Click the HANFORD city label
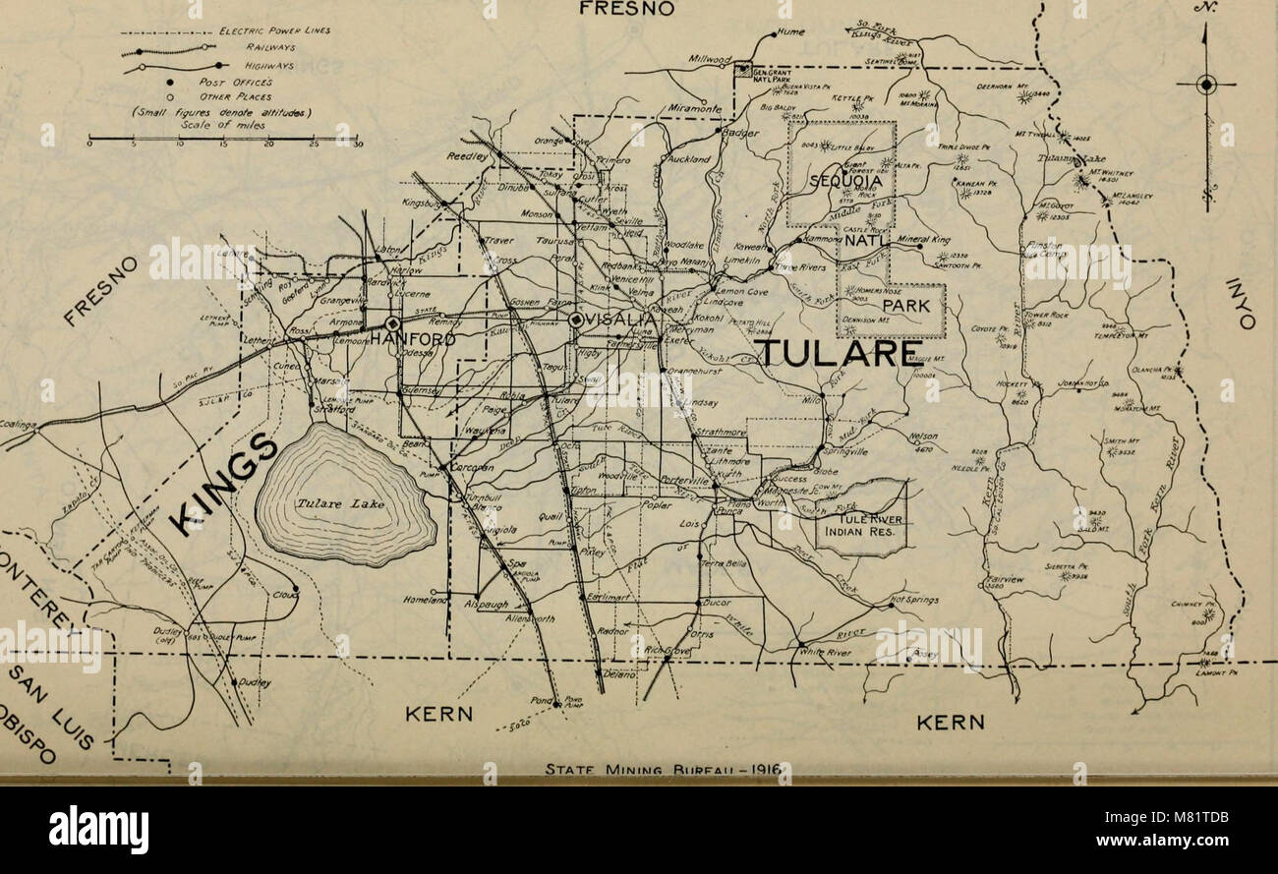(x=413, y=339)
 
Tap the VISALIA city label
(x=621, y=320)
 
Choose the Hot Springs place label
(x=914, y=600)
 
